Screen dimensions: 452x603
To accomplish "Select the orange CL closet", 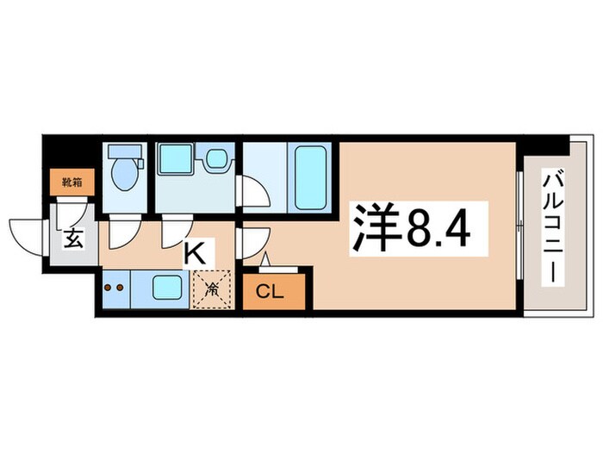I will (270, 292).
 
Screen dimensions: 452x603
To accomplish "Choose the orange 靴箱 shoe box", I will (71, 183).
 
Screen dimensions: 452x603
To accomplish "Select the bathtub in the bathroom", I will (311, 176).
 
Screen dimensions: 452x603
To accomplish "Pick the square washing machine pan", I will (174, 160).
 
